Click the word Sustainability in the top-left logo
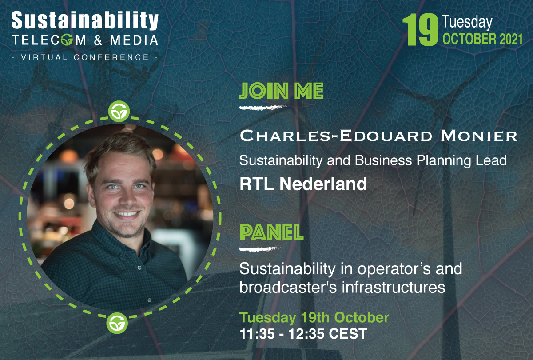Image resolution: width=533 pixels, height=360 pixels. [84, 21]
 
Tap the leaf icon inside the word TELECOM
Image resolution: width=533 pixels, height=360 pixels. [67, 40]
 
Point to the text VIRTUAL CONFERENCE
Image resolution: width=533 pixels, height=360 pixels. [84, 57]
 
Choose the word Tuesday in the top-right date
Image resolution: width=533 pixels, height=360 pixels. [467, 22]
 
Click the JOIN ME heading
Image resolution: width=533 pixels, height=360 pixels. [281, 92]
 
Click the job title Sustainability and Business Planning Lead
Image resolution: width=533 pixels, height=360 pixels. [373, 160]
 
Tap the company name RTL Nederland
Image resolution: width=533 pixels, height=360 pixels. [303, 184]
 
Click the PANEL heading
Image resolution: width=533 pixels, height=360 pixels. [271, 232]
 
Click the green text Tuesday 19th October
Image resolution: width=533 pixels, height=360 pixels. [314, 318]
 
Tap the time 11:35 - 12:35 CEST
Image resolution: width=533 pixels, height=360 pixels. [303, 333]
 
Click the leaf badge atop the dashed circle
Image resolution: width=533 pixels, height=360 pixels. [119, 112]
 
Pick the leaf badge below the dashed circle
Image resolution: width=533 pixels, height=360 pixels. [117, 323]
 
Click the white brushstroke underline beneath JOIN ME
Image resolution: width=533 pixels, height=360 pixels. [262, 107]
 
